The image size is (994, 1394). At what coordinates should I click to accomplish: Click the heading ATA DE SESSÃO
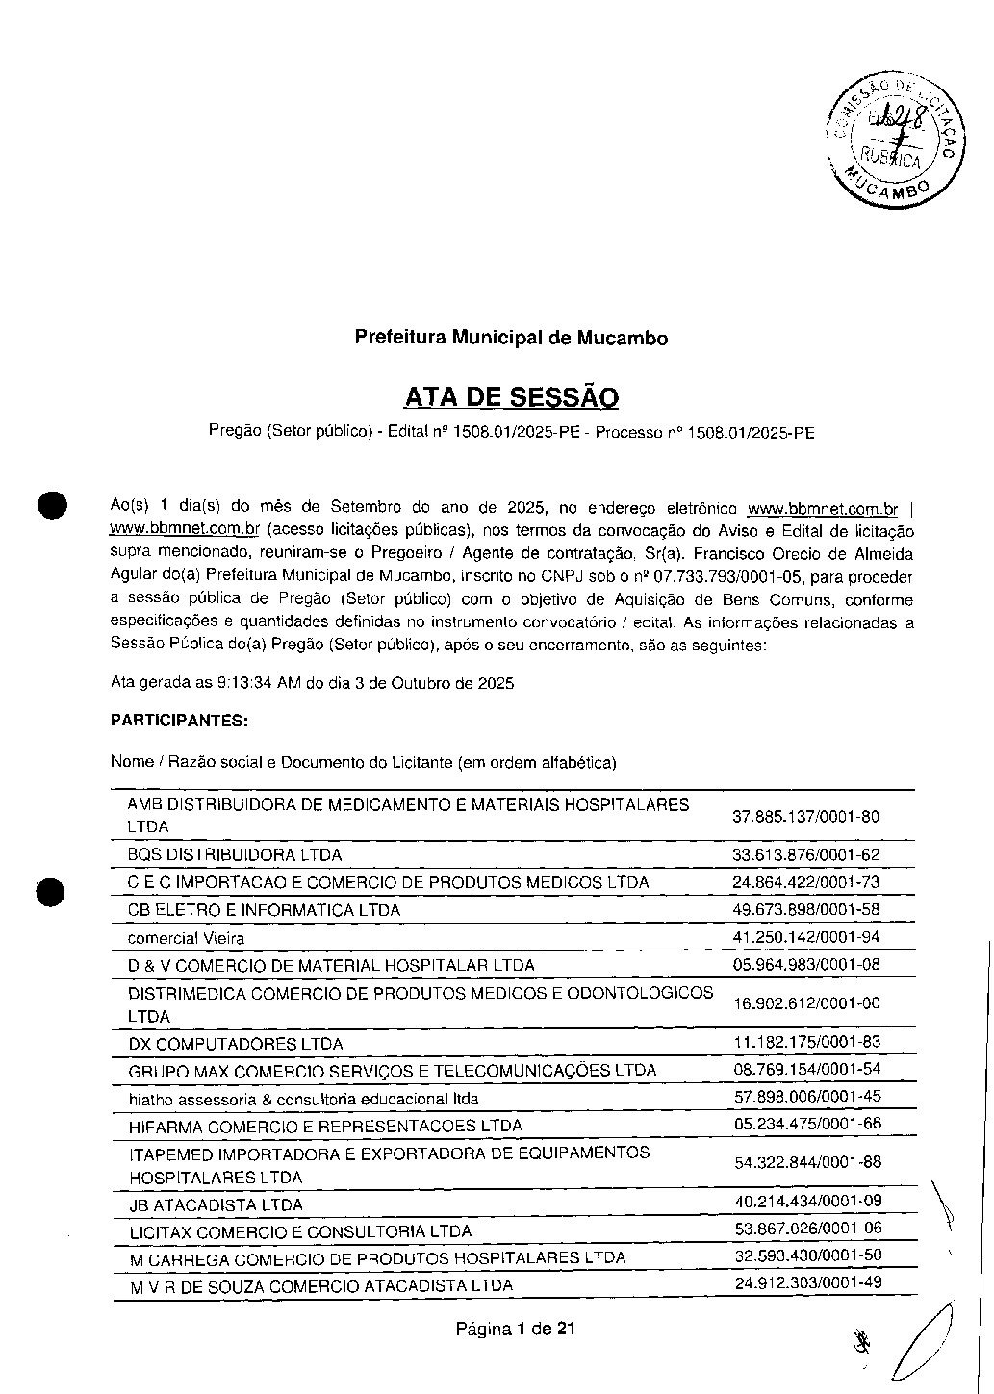point(511,396)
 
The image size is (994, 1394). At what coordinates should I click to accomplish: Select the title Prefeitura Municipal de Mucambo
point(511,338)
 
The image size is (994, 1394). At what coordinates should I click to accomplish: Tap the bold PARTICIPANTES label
point(179,720)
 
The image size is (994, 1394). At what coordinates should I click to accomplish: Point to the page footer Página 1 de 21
point(516,1330)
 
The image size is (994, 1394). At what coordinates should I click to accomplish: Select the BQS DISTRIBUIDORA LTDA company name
point(235,854)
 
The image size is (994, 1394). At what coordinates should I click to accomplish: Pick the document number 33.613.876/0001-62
point(805,854)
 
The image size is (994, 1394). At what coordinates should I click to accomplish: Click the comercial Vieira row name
point(186,937)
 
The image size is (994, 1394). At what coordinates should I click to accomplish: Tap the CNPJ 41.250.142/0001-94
point(805,936)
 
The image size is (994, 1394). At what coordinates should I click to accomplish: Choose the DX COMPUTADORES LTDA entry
point(235,1043)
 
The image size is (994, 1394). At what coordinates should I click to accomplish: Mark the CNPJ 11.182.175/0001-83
point(805,1042)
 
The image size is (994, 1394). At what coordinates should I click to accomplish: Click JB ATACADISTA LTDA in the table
point(216,1204)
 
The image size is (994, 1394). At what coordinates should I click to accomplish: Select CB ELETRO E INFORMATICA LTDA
point(264,909)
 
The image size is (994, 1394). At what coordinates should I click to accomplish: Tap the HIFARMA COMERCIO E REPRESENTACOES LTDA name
point(325,1125)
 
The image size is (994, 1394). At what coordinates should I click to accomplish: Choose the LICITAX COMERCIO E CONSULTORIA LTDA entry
point(300,1231)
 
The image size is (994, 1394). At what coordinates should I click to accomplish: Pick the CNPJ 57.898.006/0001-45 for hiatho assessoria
point(806,1096)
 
